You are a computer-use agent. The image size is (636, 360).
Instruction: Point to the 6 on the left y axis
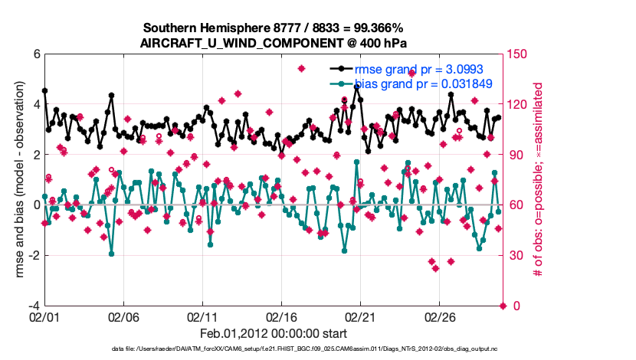click(x=35, y=54)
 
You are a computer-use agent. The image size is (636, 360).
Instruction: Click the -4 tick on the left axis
click(x=33, y=306)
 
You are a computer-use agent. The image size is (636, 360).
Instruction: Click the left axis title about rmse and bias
click(x=19, y=179)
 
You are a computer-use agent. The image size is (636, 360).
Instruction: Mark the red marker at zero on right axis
click(x=503, y=306)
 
